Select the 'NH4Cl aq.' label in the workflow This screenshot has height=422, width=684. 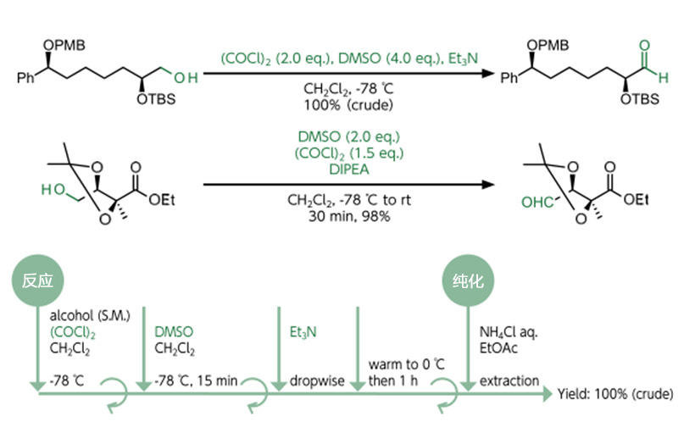click(x=509, y=315)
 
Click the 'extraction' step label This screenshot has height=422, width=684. click(x=509, y=380)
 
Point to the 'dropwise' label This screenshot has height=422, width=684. click(x=317, y=380)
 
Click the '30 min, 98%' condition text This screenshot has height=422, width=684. click(x=349, y=216)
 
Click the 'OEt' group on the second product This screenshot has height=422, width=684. click(x=637, y=199)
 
